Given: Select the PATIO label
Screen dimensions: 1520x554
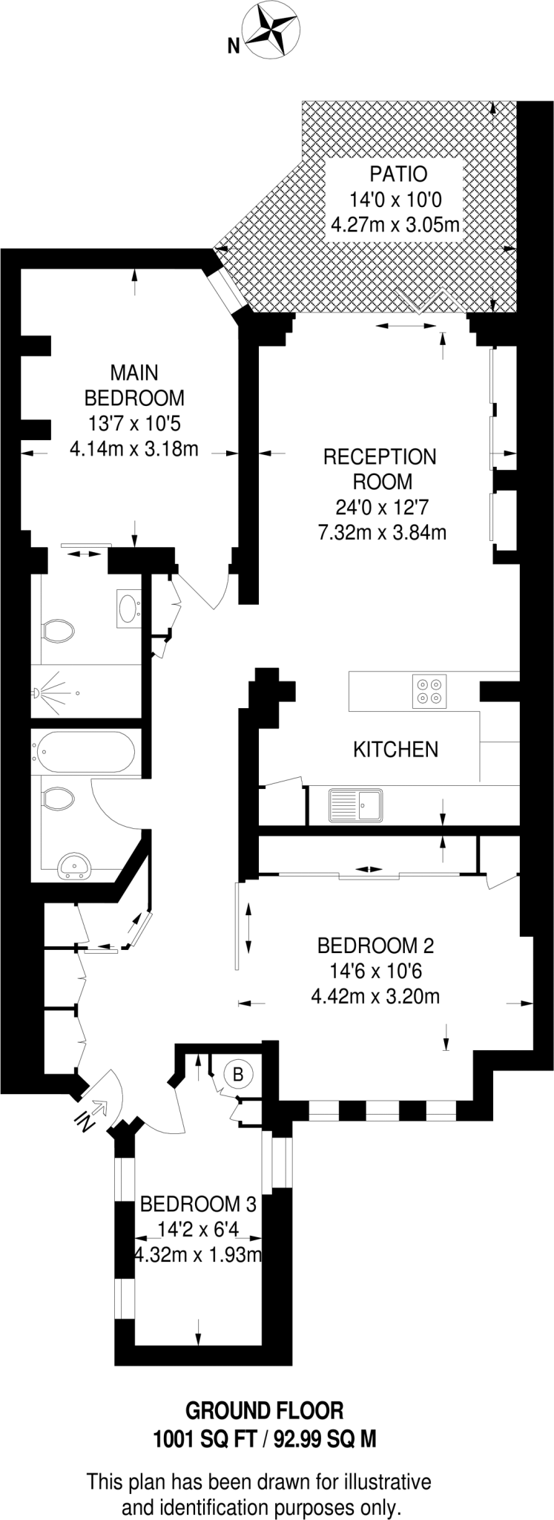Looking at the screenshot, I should pos(398,174).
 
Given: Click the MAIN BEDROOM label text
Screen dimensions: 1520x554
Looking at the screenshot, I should pos(134,384).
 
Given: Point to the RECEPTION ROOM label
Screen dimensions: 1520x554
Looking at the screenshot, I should pos(380,469).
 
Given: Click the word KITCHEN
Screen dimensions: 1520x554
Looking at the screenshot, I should pos(395,750).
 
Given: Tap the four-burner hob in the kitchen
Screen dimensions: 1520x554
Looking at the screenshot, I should pos(429,690).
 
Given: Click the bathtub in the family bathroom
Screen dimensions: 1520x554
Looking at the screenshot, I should pos(83,753).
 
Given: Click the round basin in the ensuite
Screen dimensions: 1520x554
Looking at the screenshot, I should pos(128,608).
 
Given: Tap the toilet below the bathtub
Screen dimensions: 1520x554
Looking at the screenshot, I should pos(58,799).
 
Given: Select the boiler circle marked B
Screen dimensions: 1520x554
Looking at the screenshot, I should pos(237,1074).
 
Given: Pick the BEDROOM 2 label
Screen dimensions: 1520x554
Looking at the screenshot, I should pos(375,946).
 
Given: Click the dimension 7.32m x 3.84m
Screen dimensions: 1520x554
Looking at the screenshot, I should pos(382,532).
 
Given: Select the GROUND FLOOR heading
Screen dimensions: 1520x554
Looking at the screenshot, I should pos(264,1410).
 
